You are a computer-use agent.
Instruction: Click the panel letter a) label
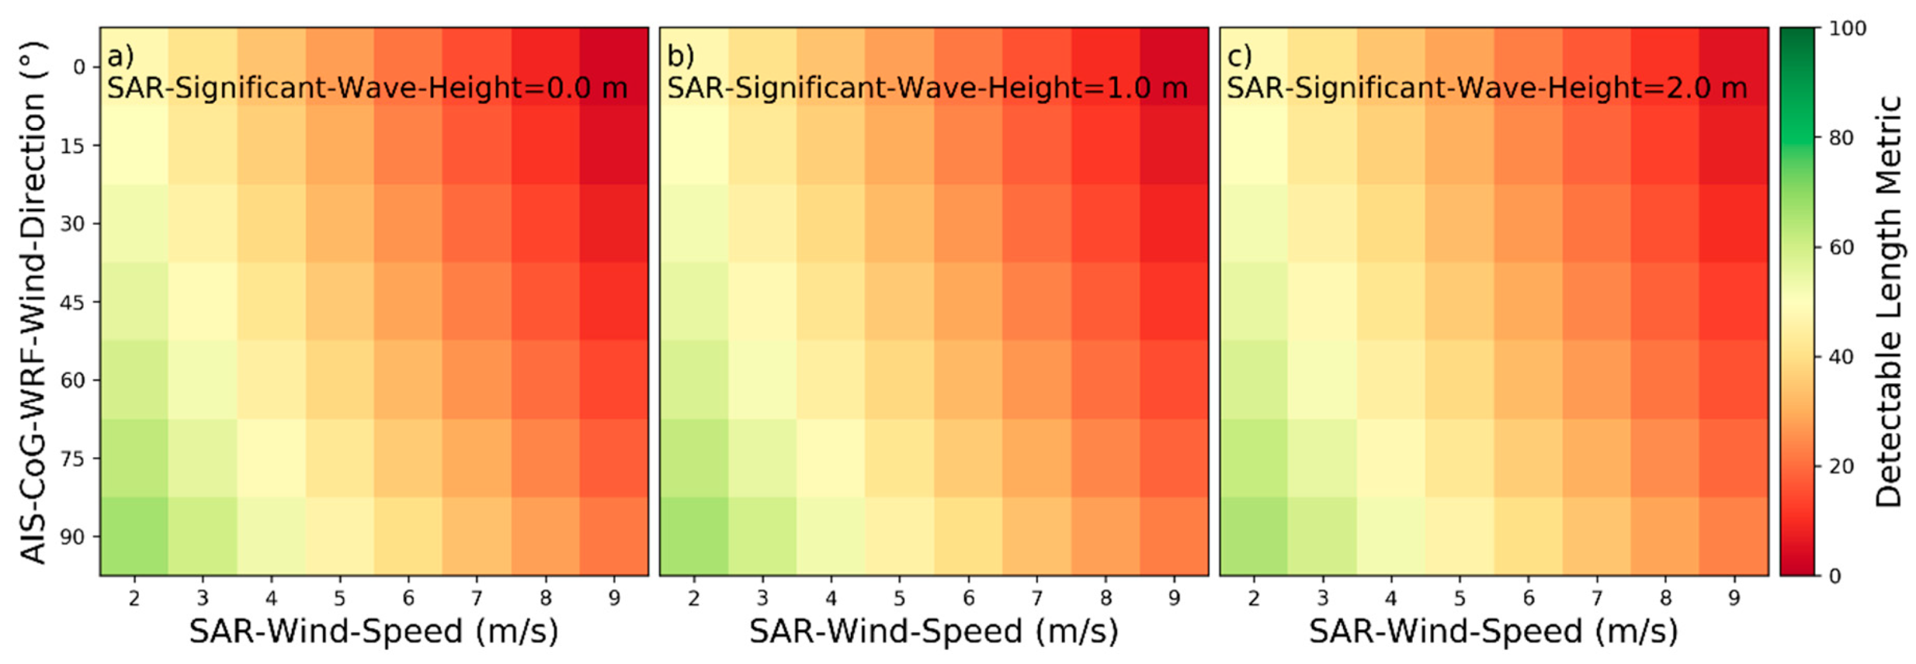[x=120, y=56]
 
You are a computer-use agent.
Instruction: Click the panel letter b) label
[x=680, y=56]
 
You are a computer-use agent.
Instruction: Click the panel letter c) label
[x=1239, y=56]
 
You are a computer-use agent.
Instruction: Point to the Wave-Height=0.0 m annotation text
[x=367, y=89]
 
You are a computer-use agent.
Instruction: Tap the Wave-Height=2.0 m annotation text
[x=1486, y=89]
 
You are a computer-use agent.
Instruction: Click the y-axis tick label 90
[x=72, y=537]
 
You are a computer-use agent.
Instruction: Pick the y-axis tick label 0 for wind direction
[x=79, y=68]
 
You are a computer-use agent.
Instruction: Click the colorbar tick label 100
[x=1847, y=29]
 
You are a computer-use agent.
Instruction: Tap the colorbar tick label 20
[x=1841, y=467]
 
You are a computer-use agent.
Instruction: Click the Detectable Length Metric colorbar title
[x=1888, y=302]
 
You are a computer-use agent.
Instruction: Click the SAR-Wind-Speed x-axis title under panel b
[x=934, y=632]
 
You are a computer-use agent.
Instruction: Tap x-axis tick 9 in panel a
[x=615, y=598]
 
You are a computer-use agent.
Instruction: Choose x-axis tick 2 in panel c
[x=1254, y=598]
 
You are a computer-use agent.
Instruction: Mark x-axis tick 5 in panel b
[x=899, y=598]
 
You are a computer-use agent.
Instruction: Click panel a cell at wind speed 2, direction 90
[x=135, y=536]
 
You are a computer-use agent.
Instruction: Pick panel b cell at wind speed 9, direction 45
[x=1173, y=301]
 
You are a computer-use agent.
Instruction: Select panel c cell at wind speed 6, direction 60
[x=1529, y=380]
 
